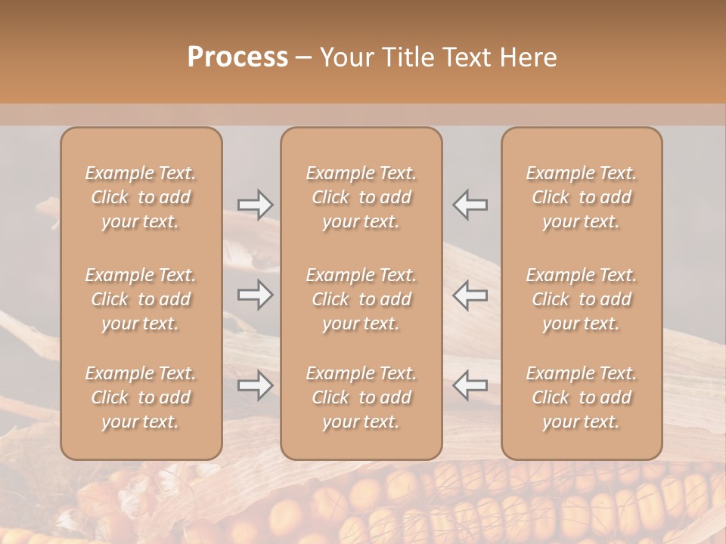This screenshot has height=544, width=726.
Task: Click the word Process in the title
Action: pyautogui.click(x=237, y=57)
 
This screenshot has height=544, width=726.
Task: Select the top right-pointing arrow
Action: pyautogui.click(x=255, y=204)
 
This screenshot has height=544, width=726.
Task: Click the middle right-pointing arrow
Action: pyautogui.click(x=255, y=295)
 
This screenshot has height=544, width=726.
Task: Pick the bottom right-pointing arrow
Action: pyautogui.click(x=255, y=385)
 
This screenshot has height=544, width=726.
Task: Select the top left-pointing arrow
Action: pyautogui.click(x=470, y=204)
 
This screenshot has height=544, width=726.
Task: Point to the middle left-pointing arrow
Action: pyautogui.click(x=470, y=295)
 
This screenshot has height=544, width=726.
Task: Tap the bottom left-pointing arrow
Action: pyautogui.click(x=470, y=385)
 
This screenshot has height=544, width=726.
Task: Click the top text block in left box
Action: pyautogui.click(x=141, y=197)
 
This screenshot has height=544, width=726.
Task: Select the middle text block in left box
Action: pyautogui.click(x=141, y=299)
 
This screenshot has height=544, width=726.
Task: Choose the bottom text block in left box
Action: pyautogui.click(x=141, y=397)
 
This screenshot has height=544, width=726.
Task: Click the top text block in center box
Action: pyautogui.click(x=361, y=197)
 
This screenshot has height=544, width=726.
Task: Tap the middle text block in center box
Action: pyautogui.click(x=361, y=299)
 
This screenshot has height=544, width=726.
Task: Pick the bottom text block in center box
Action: pyautogui.click(x=361, y=397)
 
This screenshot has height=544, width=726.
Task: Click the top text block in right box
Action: pyautogui.click(x=582, y=197)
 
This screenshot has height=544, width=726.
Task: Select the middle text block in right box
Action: pyautogui.click(x=582, y=299)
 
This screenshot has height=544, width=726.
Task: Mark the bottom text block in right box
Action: pyautogui.click(x=582, y=397)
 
